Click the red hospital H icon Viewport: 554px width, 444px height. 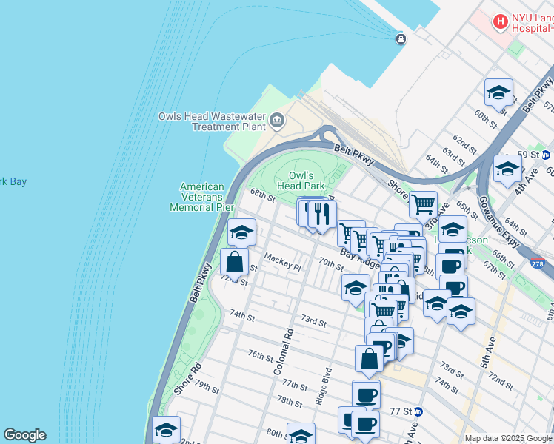501,22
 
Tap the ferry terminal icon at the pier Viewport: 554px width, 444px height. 401,39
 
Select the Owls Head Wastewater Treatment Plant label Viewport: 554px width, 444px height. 212,121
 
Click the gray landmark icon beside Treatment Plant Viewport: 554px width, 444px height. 276,120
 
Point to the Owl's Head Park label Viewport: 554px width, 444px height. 301,181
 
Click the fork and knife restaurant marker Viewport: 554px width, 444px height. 321,214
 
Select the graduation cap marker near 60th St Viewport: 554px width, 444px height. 499,92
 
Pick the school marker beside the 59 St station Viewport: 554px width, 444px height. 507,168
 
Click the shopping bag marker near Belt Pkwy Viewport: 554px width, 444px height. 234,262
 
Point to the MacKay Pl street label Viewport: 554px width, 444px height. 283,262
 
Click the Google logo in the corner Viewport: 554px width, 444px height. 24,435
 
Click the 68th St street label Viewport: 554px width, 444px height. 262,195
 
